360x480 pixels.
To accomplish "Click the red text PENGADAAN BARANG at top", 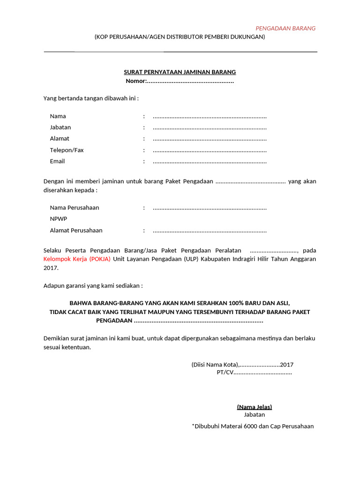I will tap(285, 28).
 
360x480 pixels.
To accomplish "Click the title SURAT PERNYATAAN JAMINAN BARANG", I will tap(180, 72).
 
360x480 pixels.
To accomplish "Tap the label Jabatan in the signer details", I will tap(60, 127).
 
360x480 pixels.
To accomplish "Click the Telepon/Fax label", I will tap(67, 150).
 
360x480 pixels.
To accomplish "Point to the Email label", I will tap(57, 161).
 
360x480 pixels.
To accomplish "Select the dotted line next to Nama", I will tap(210, 117).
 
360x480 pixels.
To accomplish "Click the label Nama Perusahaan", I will tap(75, 208).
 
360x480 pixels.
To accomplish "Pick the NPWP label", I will tap(59, 219).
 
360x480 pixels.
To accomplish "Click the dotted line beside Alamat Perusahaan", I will tap(210, 231).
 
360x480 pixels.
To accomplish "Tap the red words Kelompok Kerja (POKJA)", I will tap(77, 259).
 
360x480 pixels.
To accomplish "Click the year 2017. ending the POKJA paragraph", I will tap(51, 268).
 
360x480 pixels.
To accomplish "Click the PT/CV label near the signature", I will tap(225, 372).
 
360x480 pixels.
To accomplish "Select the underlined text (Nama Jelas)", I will tap(254, 407).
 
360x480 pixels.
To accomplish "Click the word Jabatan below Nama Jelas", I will tap(254, 415).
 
